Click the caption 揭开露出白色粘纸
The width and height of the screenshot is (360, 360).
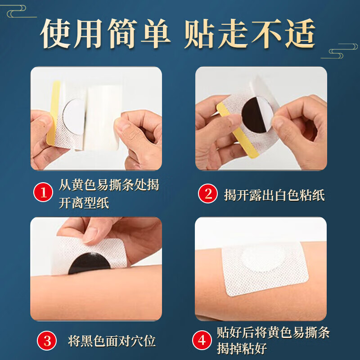tap(274, 195)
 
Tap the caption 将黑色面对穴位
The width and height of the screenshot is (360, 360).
tap(112, 341)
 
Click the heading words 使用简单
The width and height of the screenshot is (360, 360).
tap(106, 34)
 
